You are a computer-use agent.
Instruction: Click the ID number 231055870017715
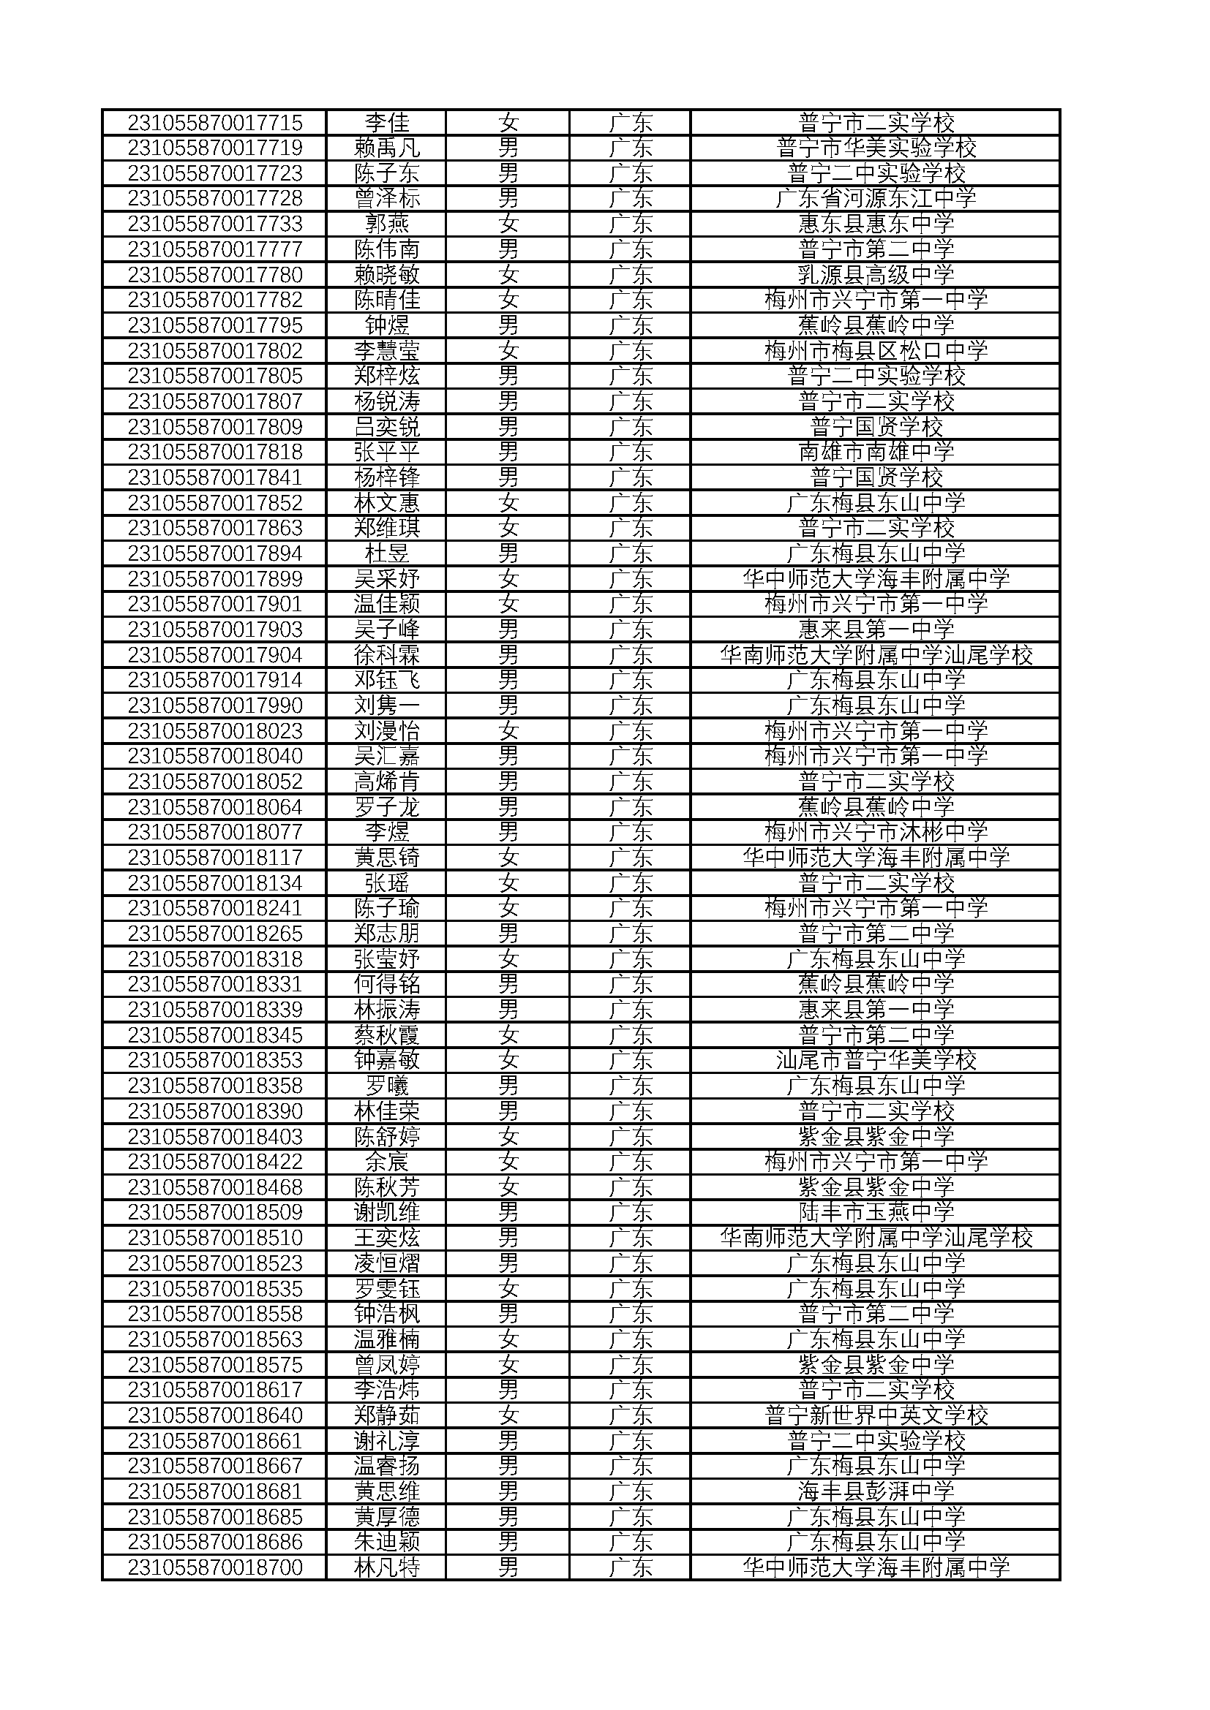point(214,122)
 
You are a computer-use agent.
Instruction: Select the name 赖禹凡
point(387,148)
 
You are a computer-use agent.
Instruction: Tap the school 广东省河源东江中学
point(876,198)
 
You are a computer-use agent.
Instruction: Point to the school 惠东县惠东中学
point(876,224)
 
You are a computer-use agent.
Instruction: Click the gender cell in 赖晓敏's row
point(508,275)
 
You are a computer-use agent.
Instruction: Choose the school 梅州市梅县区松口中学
point(876,351)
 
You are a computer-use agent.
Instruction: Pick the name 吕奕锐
point(387,427)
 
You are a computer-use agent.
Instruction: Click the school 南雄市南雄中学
point(876,451)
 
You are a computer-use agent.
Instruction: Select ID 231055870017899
point(214,579)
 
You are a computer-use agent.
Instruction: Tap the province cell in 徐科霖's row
point(631,655)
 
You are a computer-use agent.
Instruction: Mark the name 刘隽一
point(387,705)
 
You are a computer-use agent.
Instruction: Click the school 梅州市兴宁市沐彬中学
point(876,832)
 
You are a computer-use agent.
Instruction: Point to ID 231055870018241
point(214,908)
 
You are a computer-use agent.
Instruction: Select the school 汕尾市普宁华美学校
point(876,1060)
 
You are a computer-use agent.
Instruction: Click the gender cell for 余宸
point(508,1161)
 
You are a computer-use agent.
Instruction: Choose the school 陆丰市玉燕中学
point(876,1211)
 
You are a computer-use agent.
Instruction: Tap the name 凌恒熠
point(387,1263)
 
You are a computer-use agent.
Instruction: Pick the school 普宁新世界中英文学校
point(876,1415)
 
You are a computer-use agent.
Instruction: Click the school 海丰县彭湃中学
point(876,1491)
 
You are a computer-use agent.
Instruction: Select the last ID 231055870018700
point(214,1567)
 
